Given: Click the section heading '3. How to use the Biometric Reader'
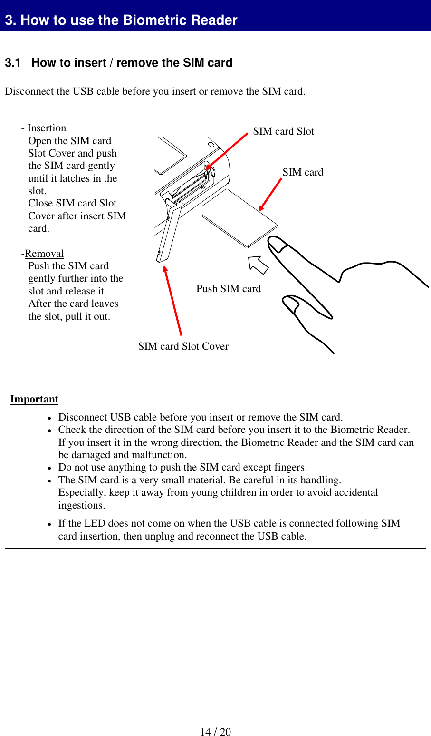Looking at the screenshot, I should pyautogui.click(x=121, y=20).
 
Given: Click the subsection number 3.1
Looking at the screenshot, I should pyautogui.click(x=13, y=63).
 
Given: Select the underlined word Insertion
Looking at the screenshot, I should pyautogui.click(x=47, y=128).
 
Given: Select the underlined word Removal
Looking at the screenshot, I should pyautogui.click(x=44, y=254).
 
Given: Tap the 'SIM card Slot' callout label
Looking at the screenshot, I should pyautogui.click(x=283, y=131).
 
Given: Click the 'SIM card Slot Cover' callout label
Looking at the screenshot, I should pyautogui.click(x=183, y=346).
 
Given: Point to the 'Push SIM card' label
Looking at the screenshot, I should pyautogui.click(x=229, y=289).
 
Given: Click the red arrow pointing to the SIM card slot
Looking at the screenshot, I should pyautogui.click(x=227, y=151).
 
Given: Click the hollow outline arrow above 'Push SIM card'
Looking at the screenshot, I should pyautogui.click(x=259, y=265).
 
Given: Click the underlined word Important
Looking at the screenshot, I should pyautogui.click(x=34, y=399).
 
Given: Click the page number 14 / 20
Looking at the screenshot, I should pyautogui.click(x=215, y=732).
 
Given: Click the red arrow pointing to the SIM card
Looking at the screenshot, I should pyautogui.click(x=270, y=194).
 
